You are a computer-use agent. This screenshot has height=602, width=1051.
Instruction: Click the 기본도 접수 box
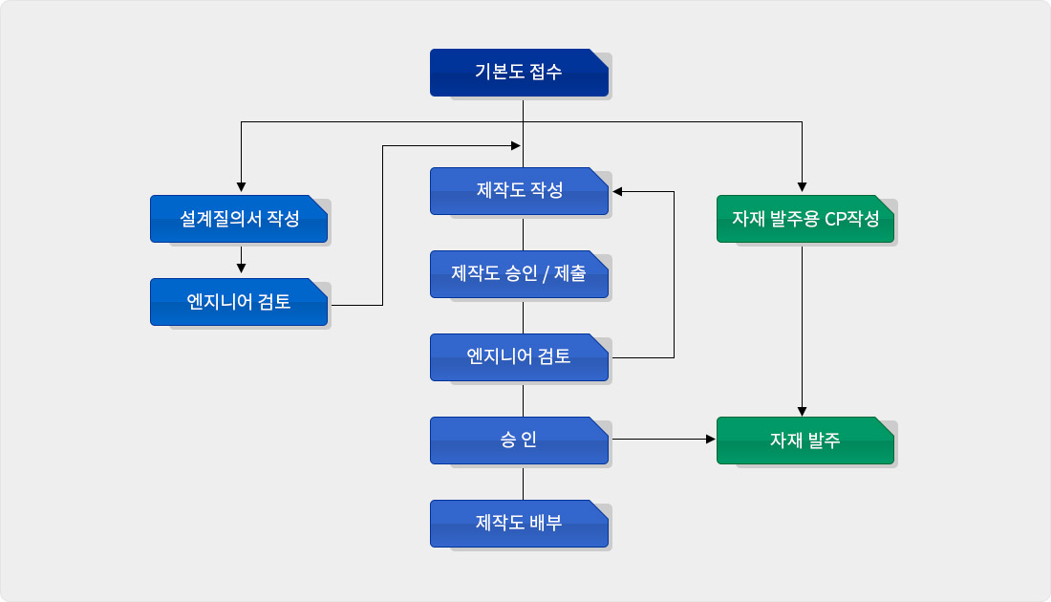519,73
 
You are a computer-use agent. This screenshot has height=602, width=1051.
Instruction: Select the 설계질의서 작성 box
239,219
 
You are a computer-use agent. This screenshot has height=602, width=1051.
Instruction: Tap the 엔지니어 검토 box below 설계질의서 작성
239,302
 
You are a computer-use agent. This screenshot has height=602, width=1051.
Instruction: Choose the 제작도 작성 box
519,191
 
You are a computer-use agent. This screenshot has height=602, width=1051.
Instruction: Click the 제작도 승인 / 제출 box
519,274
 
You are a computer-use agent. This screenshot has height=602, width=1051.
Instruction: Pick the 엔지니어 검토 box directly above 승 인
519,357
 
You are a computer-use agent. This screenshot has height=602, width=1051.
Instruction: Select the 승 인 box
519,441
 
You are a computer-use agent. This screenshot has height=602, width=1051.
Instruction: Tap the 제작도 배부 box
519,524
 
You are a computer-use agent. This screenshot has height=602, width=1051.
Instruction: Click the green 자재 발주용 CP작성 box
805,219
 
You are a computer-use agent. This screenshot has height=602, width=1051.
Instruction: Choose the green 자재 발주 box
805,441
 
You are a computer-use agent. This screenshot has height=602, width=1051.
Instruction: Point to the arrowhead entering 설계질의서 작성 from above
241,187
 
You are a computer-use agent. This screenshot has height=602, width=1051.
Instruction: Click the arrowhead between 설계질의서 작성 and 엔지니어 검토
241,269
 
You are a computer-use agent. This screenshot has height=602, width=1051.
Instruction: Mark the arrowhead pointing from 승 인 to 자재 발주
709,440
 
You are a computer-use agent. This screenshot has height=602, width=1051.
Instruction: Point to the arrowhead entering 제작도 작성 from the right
618,192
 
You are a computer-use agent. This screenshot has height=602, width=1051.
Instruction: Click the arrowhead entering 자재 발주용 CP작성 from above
802,187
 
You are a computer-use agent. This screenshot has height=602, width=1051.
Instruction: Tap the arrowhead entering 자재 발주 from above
802,410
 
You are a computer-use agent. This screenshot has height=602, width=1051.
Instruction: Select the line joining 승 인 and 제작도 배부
523,482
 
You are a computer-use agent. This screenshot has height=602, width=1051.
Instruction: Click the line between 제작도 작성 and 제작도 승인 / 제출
523,232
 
